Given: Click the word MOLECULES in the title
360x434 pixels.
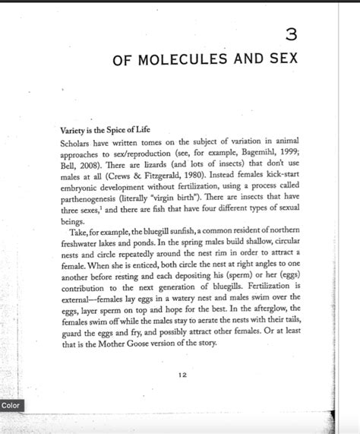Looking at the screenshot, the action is coord(180,59).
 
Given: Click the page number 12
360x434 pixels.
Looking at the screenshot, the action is coord(182,374).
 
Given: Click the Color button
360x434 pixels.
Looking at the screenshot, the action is coord(11,406).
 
